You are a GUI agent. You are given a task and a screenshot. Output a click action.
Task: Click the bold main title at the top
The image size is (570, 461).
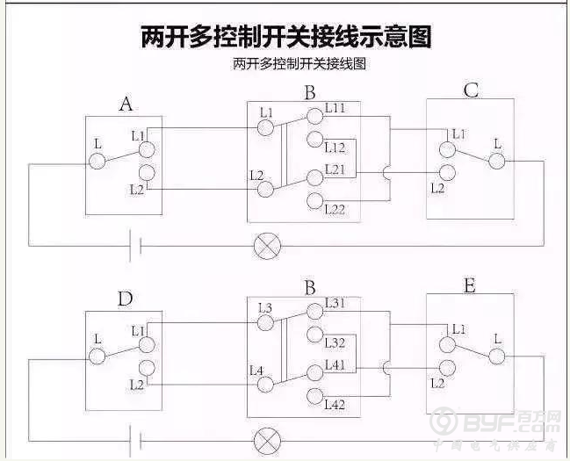click(x=285, y=36)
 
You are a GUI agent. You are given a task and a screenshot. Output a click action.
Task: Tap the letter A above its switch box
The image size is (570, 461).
click(x=126, y=104)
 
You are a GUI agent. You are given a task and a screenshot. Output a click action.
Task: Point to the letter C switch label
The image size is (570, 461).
click(x=471, y=90)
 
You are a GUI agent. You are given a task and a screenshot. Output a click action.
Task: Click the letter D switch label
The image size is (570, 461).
click(x=126, y=299)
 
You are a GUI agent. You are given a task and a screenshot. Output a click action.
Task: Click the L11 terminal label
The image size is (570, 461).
click(x=336, y=108)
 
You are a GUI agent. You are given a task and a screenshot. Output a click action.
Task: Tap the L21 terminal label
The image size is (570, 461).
click(x=336, y=168)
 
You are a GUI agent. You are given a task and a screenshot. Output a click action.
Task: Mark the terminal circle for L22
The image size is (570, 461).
click(x=315, y=201)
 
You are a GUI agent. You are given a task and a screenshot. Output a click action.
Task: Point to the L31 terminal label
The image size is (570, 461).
click(x=336, y=303)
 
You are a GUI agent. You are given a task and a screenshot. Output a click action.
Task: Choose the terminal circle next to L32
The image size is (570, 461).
click(x=315, y=334)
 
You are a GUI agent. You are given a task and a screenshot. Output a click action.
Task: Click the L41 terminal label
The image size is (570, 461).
click(x=336, y=363)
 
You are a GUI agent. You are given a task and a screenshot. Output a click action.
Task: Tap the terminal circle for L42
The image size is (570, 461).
click(x=315, y=395)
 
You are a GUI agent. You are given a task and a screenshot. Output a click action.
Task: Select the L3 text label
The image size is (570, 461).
click(x=265, y=307)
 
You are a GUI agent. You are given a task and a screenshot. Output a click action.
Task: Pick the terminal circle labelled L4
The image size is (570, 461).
click(x=265, y=385)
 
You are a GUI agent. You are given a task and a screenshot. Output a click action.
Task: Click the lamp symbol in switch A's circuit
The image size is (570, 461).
click(x=264, y=246)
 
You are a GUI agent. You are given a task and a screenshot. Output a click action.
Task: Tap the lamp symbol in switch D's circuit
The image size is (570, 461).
click(x=264, y=440)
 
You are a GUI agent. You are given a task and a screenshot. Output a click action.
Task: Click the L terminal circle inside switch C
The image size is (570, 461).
click(x=497, y=161)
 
